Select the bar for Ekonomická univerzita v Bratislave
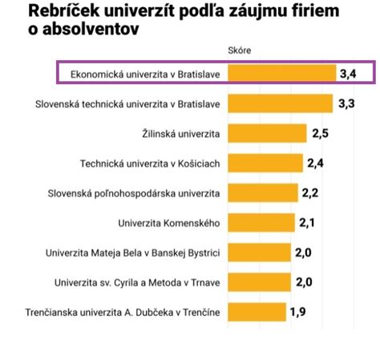pos(281,74)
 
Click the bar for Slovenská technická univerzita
pos(280,103)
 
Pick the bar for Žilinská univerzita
pos(267,133)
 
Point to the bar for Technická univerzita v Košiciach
pos(265,163)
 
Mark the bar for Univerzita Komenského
pos(261,222)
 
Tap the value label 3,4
pos(347,74)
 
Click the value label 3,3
pos(346,103)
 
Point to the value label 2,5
pos(320,133)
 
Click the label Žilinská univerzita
pos(180,133)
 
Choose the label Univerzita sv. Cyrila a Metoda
pos(136,281)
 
